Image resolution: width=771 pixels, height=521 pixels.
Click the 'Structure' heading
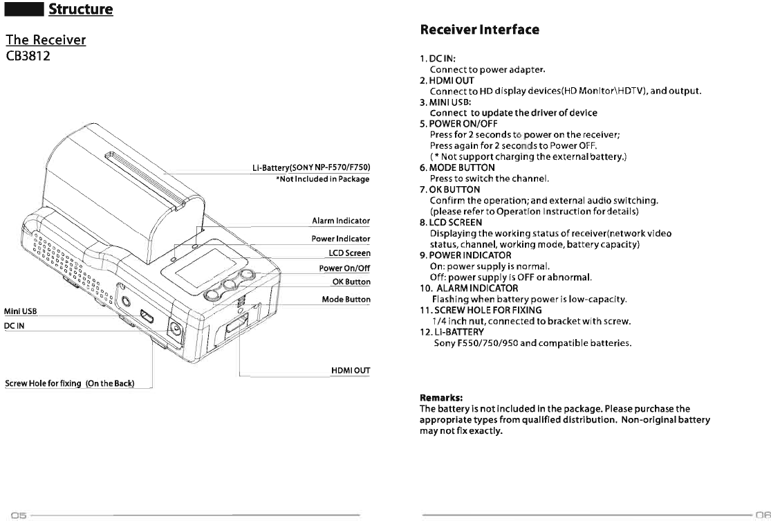(80, 9)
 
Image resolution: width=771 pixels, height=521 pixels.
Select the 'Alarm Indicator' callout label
(341, 221)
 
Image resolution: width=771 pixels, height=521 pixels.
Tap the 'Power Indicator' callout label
(341, 239)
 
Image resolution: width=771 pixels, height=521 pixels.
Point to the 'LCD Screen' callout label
(349, 253)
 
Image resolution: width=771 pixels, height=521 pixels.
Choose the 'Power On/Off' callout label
(344, 268)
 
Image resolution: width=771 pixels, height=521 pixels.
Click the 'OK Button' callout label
(351, 282)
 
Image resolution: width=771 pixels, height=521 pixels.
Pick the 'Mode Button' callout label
(346, 300)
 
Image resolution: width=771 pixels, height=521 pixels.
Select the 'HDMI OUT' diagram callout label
(351, 372)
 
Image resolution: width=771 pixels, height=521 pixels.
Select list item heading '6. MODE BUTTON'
(457, 167)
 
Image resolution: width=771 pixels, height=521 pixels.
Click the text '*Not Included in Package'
(322, 179)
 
